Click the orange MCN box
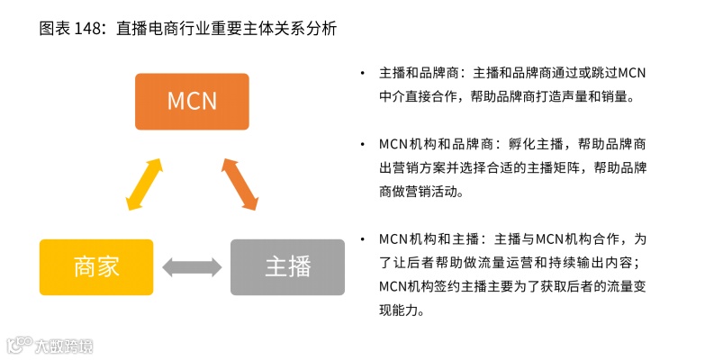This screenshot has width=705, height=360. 192,101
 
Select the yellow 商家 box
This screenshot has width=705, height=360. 96,267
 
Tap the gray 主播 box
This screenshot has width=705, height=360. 287,267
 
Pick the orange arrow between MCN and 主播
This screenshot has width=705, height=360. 240,184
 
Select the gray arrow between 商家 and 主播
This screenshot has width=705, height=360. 192,267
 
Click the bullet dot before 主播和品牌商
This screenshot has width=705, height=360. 361,73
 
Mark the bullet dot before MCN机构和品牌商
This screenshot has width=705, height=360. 361,144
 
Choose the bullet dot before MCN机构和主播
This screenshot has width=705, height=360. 361,239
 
